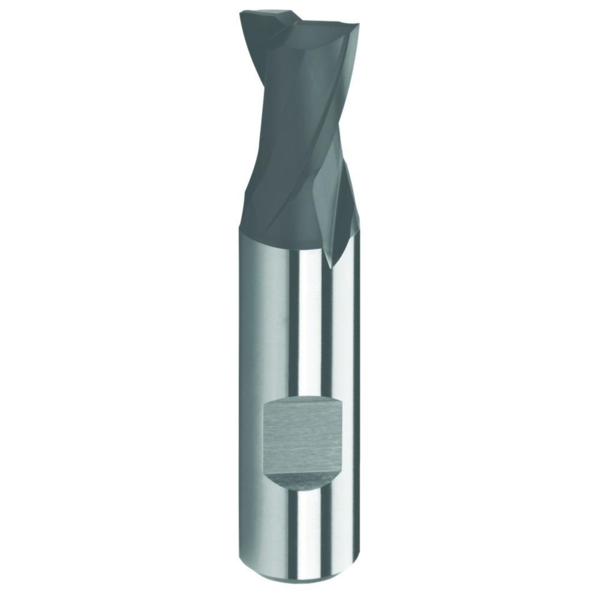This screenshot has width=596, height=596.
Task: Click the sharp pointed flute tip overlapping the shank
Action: coord(330,266)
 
